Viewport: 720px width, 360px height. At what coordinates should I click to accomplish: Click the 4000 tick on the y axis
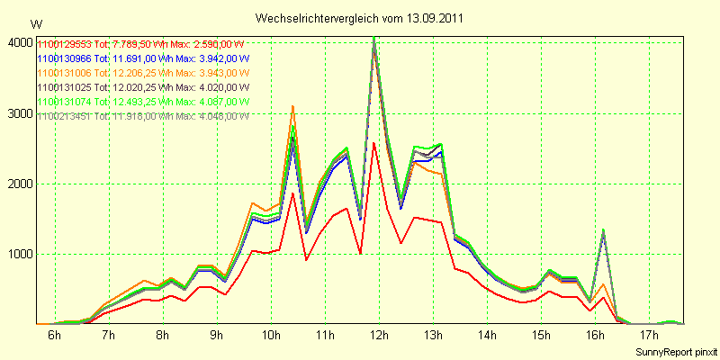[x=20, y=42]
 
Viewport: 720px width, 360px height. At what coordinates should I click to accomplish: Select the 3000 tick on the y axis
[x=20, y=113]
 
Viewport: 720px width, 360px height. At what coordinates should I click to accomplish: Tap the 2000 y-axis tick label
[x=20, y=184]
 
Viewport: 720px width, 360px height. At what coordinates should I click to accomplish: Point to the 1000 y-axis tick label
[x=20, y=255]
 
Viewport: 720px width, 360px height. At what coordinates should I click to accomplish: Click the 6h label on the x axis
[x=54, y=336]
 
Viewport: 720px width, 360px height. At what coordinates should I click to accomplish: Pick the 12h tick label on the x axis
[x=379, y=336]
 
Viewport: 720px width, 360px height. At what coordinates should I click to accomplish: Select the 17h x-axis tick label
[x=649, y=336]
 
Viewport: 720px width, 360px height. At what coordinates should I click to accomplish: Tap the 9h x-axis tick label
[x=216, y=336]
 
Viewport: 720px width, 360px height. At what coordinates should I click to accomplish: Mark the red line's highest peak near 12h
[x=373, y=143]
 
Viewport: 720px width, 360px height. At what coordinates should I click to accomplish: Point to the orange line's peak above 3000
[x=292, y=106]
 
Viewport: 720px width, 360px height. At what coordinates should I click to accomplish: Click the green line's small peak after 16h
[x=603, y=229]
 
